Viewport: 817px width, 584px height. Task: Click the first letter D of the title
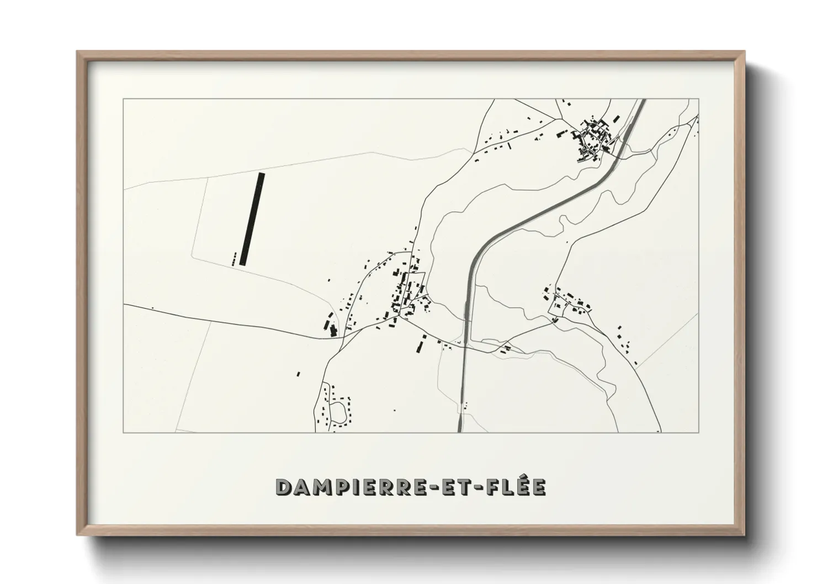[x=282, y=487]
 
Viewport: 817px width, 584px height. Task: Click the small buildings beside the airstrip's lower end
[x=235, y=259]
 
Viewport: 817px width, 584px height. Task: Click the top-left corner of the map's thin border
[x=124, y=99]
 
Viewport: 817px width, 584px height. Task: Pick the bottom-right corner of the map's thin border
[x=699, y=432]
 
